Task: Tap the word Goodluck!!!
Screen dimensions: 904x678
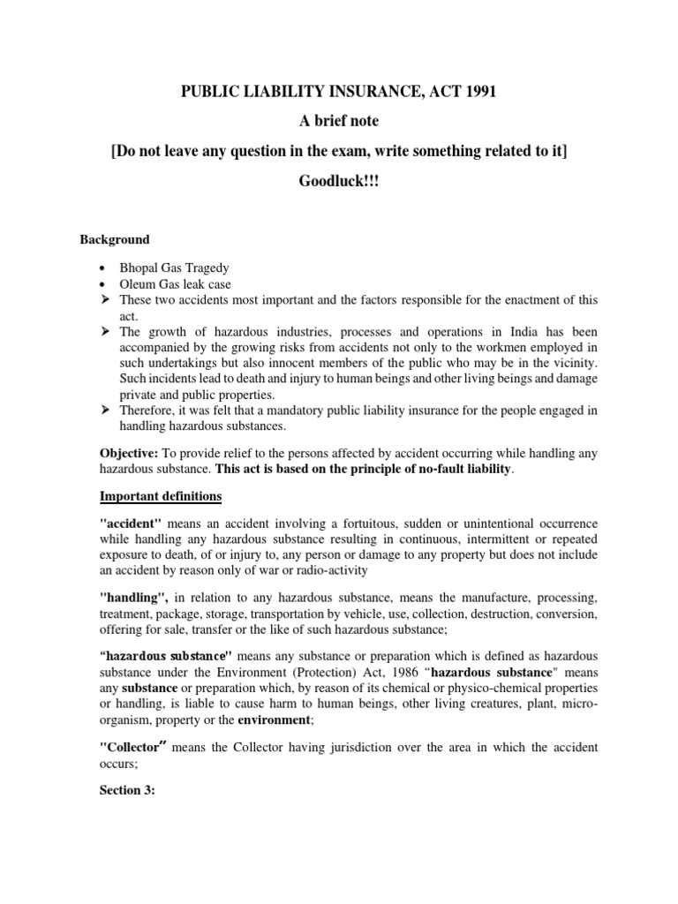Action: [338, 178]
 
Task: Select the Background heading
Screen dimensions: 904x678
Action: [115, 239]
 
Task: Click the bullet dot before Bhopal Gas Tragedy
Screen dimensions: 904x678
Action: [104, 267]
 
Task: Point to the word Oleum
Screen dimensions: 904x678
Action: [138, 283]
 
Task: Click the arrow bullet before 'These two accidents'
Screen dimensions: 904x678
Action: [104, 300]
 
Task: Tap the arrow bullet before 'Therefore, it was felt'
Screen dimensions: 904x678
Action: [104, 411]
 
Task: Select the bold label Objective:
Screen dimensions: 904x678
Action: [130, 453]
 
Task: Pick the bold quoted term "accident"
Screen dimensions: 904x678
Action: [131, 524]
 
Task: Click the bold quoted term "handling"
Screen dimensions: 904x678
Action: [133, 597]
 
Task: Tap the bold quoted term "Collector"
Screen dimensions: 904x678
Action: [133, 747]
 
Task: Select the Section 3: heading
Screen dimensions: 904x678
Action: [127, 790]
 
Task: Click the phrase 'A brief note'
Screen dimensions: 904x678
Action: [339, 122]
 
